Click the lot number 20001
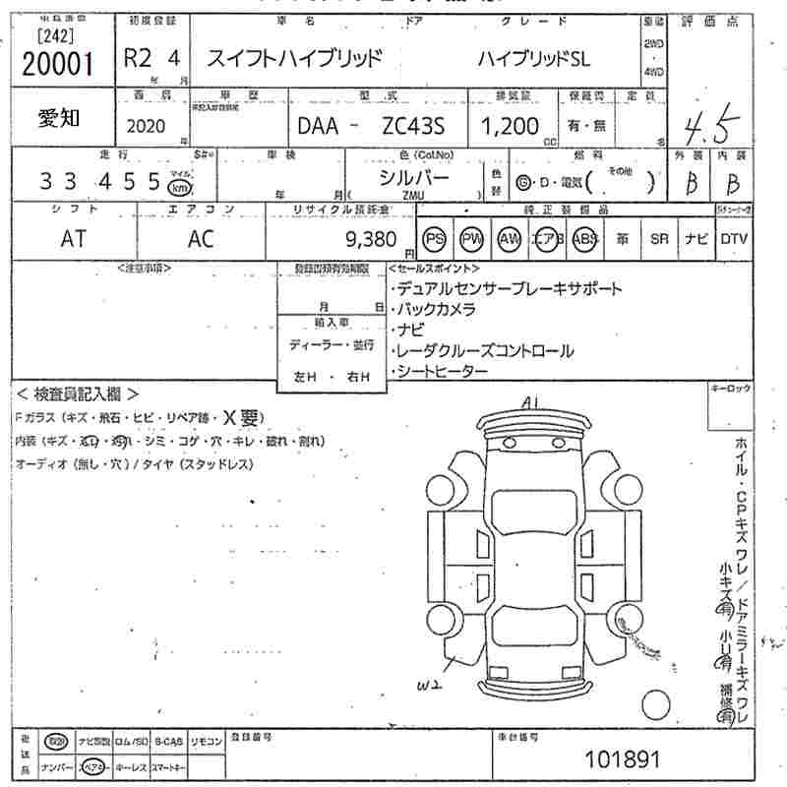[x=58, y=64]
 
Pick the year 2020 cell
[x=147, y=126]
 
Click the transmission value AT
[x=73, y=239]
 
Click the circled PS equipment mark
[x=434, y=239]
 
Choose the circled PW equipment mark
[x=472, y=239]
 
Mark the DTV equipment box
[x=733, y=239]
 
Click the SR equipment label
[x=659, y=239]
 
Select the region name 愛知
[x=60, y=118]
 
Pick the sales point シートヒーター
[x=442, y=371]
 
